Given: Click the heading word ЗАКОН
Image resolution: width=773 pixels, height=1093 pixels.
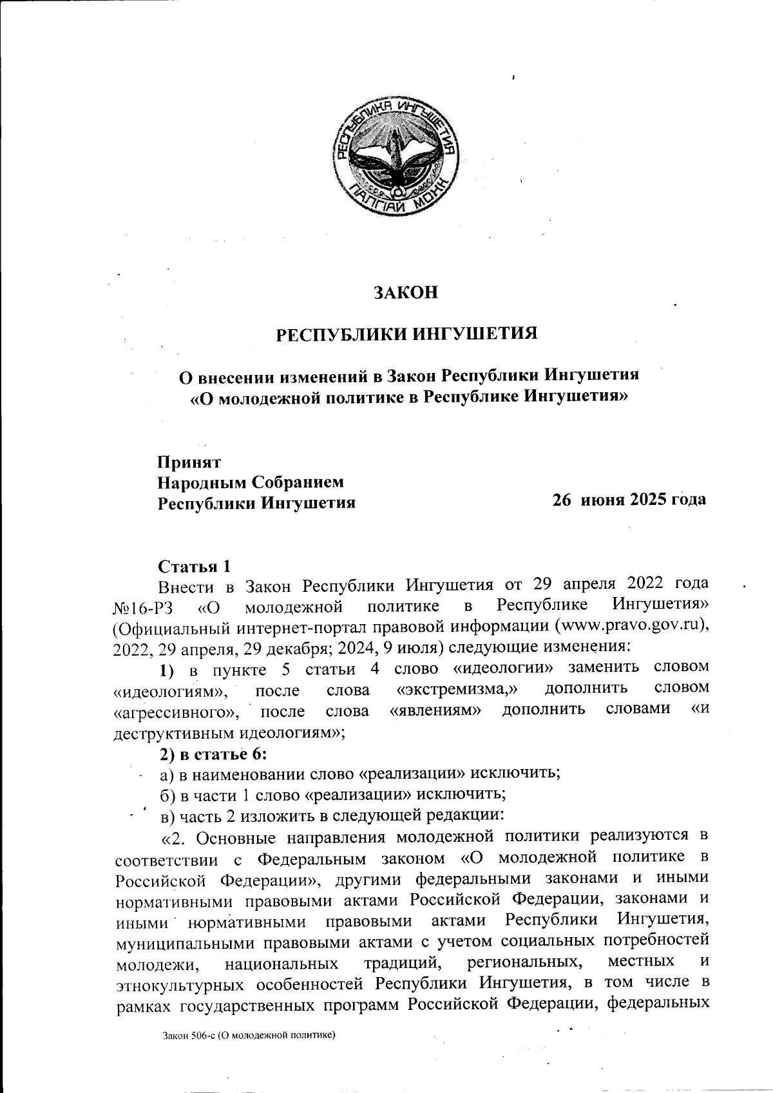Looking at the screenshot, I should coord(406,292).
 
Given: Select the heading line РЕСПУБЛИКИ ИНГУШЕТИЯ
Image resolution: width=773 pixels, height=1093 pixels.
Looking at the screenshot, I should coord(406,334).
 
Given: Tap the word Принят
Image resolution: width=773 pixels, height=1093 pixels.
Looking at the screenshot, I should coord(190,462).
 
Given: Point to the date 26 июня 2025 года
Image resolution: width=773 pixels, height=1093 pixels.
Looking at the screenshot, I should coord(629,500).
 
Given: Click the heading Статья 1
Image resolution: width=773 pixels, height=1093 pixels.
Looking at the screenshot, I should coord(194,566).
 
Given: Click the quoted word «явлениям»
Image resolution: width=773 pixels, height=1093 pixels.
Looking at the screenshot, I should coord(436,710).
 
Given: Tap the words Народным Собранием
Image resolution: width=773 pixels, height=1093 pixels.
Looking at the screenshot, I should coord(251,482).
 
